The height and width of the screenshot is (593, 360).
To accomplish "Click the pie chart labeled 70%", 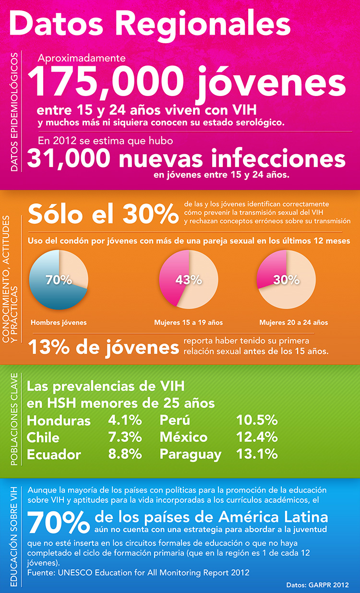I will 59,279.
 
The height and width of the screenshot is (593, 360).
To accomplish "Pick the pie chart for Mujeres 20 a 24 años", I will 287,279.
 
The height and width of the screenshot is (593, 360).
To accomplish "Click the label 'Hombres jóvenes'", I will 59,323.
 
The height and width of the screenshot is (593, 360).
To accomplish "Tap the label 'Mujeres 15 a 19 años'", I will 189,323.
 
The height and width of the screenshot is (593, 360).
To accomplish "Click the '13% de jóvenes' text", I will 101,347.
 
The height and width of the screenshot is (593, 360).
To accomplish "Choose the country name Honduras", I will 59,421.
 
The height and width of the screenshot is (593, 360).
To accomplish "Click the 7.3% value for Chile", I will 125,437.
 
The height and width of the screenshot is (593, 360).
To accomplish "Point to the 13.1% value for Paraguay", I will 257,454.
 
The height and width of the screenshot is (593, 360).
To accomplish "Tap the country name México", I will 184,437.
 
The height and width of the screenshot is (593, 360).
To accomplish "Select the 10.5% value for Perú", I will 257,421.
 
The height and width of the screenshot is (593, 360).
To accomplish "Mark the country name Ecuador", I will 54,454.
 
